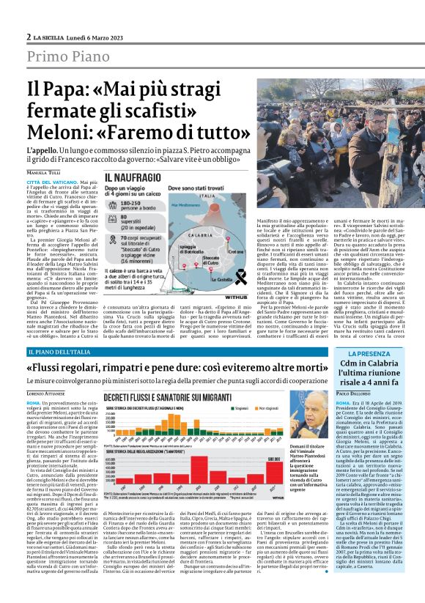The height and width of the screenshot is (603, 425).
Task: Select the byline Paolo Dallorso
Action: pos(354,393)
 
